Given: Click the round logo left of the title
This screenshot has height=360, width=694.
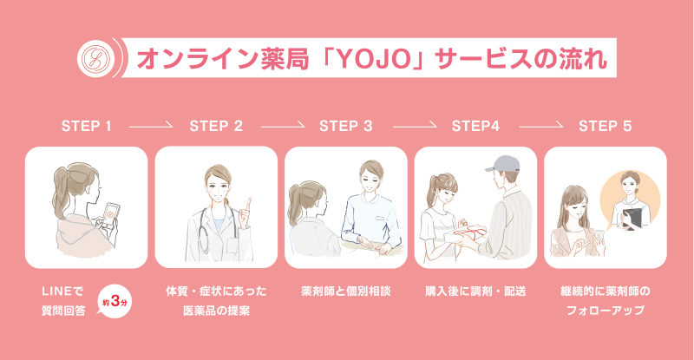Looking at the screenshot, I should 93,58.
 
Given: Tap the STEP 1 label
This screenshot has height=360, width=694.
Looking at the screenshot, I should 87,126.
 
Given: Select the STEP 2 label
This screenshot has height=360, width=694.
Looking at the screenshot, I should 216,126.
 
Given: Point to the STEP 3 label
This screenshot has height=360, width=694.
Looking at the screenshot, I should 345,126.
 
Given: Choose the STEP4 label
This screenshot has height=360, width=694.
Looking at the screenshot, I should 475,126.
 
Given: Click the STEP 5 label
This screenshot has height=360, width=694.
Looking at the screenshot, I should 605,126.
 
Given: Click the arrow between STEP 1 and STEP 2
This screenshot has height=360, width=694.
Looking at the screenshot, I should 151,126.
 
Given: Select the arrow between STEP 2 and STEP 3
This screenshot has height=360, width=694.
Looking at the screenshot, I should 281,126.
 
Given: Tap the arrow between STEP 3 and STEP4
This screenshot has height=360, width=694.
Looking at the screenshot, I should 411,126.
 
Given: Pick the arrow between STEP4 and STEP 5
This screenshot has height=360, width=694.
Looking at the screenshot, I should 540,126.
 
